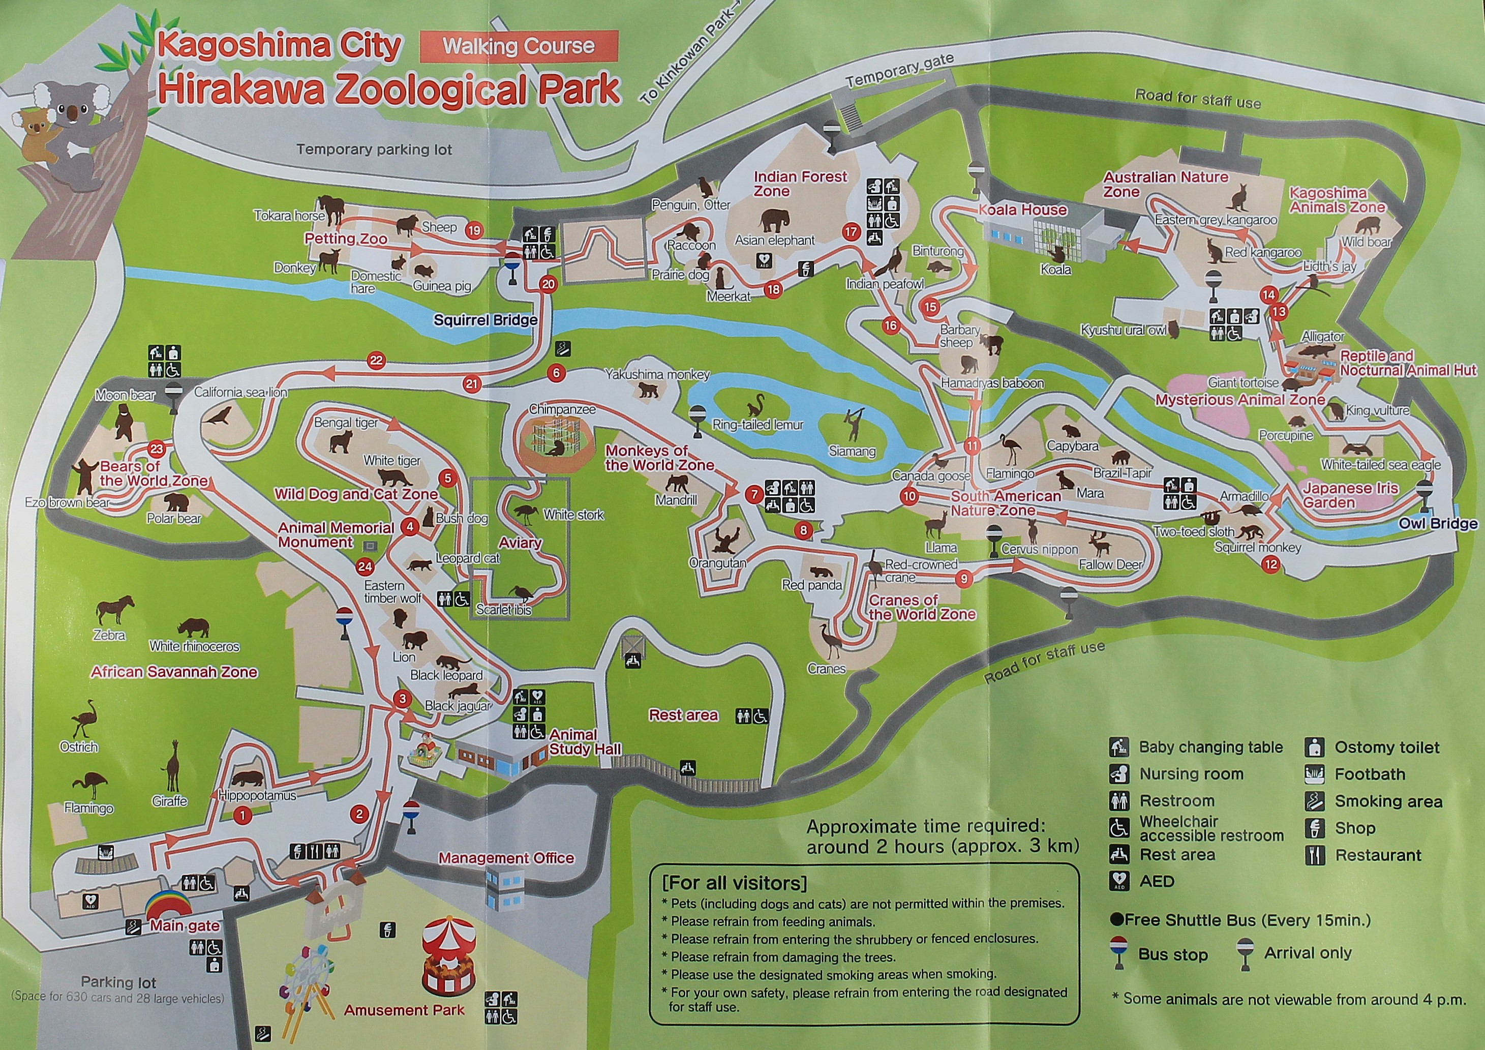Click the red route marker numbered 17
click(851, 231)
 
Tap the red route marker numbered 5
click(447, 478)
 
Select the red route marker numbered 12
click(1270, 564)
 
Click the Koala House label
click(1022, 209)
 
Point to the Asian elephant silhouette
click(774, 220)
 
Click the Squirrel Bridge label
click(485, 320)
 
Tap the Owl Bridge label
click(1438, 523)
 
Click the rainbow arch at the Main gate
click(168, 905)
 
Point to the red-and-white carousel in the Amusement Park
click(449, 955)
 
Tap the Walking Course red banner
click(519, 46)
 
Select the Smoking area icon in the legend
click(1314, 801)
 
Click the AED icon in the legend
click(1119, 881)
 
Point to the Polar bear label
click(174, 518)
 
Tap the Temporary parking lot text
click(374, 149)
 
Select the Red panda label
click(812, 585)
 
